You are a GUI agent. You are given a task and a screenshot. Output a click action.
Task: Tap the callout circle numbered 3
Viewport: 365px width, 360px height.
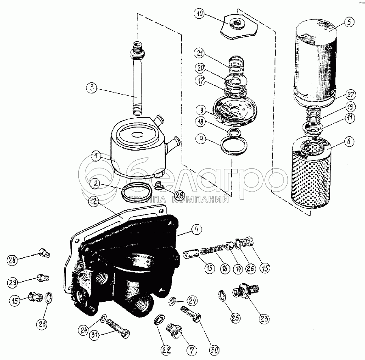point(92,88)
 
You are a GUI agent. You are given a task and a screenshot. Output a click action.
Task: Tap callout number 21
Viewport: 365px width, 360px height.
point(200,54)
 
